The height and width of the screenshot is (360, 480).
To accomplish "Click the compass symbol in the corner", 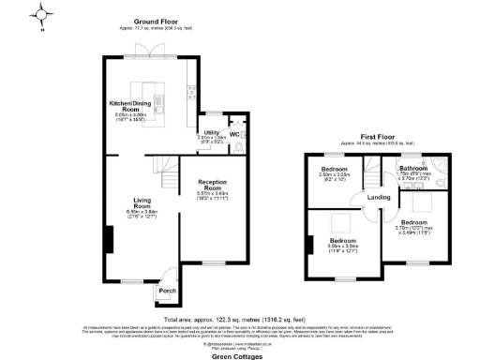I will [x=42, y=16].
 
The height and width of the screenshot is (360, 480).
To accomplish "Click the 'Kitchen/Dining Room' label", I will [x=131, y=104].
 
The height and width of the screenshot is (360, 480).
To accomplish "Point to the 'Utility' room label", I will [x=213, y=132].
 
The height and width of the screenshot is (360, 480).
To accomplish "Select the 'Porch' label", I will [x=167, y=290].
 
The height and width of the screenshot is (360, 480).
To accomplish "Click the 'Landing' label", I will [x=378, y=197].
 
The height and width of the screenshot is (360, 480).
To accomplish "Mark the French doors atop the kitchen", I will [x=149, y=57].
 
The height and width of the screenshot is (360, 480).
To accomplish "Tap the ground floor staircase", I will [x=168, y=173].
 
